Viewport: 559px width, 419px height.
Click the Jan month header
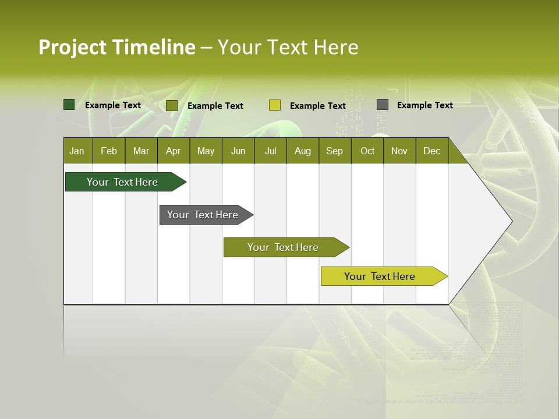pos(77,151)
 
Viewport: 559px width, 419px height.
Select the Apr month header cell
pos(174,151)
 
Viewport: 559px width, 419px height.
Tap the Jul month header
pos(270,151)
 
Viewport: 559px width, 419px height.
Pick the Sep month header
pos(335,151)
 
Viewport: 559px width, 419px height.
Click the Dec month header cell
pos(431,151)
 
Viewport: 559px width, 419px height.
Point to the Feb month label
pos(109,151)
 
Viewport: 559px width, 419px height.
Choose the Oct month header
pos(367,151)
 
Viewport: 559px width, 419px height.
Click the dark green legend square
pos(69,105)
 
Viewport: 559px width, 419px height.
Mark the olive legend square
pos(171,105)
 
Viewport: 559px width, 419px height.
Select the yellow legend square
pos(274,105)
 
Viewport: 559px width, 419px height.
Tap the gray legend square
pos(382,105)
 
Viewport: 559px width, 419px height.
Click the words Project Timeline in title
pos(116,47)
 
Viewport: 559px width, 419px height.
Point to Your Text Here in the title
pos(288,47)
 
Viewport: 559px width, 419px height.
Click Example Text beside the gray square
pos(424,105)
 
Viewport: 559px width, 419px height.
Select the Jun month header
pos(238,151)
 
